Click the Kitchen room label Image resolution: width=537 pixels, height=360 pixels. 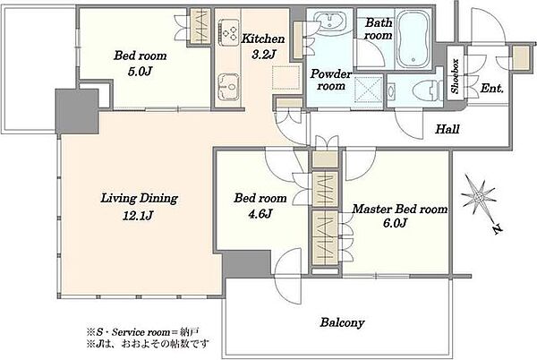point(263,39)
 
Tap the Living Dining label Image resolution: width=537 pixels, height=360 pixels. point(139,198)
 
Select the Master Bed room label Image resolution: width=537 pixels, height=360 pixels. point(400,209)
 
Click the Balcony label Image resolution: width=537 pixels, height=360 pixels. point(342,322)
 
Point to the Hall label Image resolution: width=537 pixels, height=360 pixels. point(447,129)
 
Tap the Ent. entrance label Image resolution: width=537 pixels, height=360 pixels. point(491,89)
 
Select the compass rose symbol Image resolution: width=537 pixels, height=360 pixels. point(480,200)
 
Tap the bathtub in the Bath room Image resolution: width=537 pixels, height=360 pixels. point(413,39)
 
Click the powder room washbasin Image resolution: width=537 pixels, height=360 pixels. point(328,21)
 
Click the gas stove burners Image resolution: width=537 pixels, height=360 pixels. point(228,32)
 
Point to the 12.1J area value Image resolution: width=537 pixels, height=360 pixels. point(138,216)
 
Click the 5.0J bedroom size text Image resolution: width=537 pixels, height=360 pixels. point(140,72)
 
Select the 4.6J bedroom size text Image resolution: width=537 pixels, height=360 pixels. point(260,214)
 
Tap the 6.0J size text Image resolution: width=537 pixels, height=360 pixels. point(395,223)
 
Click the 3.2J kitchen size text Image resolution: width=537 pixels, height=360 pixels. point(264,54)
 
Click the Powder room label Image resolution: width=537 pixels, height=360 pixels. point(330,80)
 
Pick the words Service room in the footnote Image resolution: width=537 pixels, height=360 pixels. point(141,332)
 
